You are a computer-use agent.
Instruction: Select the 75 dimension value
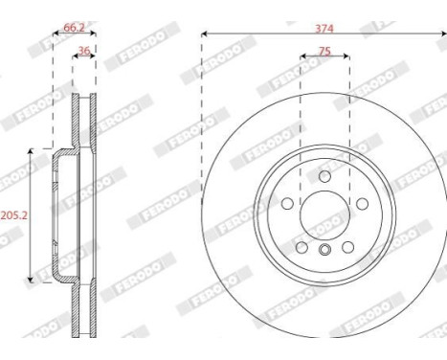pyautogui.click(x=325, y=51)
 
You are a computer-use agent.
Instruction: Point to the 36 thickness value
pyautogui.click(x=84, y=52)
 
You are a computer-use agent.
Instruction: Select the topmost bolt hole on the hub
pyautogui.click(x=324, y=177)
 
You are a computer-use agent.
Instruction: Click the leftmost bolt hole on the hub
pyautogui.click(x=288, y=203)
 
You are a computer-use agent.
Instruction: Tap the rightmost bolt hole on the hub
pyautogui.click(x=361, y=203)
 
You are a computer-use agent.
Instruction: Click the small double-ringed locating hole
pyautogui.click(x=324, y=251)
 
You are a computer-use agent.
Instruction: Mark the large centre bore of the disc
pyautogui.click(x=324, y=215)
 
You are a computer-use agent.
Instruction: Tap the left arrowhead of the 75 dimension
pyautogui.click(x=302, y=58)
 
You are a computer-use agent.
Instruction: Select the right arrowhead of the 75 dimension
pyautogui.click(x=346, y=58)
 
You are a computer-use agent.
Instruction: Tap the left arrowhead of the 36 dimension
pyautogui.click(x=75, y=59)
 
